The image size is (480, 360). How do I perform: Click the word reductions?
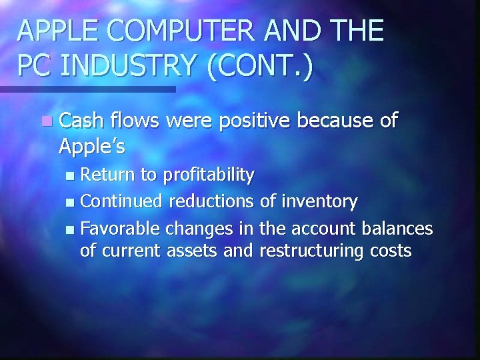coord(211,201)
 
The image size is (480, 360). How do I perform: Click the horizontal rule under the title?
coord(87,89)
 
